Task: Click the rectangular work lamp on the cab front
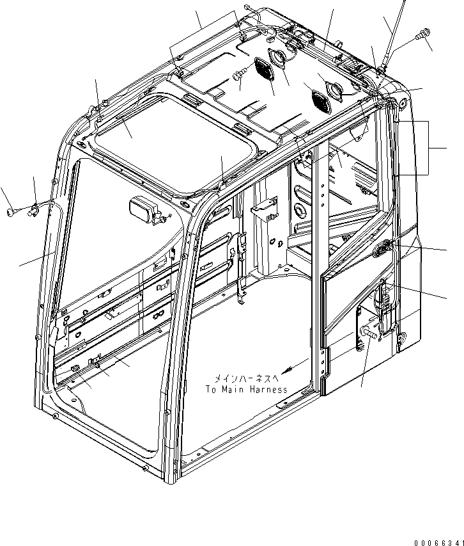pos(142,209)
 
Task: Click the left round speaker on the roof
pos(279,57)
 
